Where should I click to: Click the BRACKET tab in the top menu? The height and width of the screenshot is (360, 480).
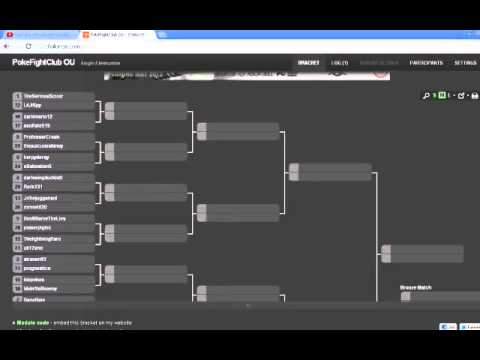coord(307,62)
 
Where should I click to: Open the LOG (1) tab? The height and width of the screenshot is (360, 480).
coord(339,62)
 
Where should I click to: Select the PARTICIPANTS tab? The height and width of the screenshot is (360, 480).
coord(426,62)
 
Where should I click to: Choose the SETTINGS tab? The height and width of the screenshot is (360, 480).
coord(465,62)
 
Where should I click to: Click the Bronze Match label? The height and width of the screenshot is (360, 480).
coord(415,288)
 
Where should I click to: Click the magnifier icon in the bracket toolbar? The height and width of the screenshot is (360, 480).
coord(426,96)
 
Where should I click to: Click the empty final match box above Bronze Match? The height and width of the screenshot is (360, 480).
coord(424,253)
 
